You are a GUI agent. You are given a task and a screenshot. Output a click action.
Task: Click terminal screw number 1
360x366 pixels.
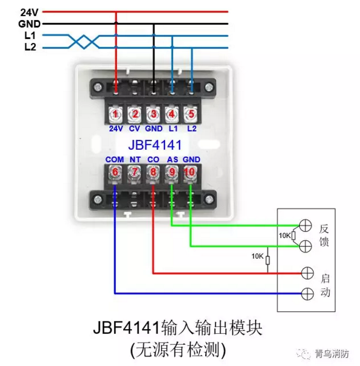115,114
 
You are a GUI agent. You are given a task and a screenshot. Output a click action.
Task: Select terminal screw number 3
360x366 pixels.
153,114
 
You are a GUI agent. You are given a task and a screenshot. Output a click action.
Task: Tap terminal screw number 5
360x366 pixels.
191,114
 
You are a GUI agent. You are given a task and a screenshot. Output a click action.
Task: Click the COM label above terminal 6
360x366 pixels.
114,159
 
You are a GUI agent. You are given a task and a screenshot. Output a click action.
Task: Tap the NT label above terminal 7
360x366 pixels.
134,159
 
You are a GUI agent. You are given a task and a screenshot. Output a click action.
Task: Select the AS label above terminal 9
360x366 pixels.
172,159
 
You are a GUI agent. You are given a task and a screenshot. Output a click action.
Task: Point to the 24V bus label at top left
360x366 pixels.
28,12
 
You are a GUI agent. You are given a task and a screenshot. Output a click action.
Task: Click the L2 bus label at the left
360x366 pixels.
30,47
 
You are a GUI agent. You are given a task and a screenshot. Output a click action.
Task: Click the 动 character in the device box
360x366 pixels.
325,293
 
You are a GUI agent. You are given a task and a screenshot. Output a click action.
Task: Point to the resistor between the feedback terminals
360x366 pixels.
294,236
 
